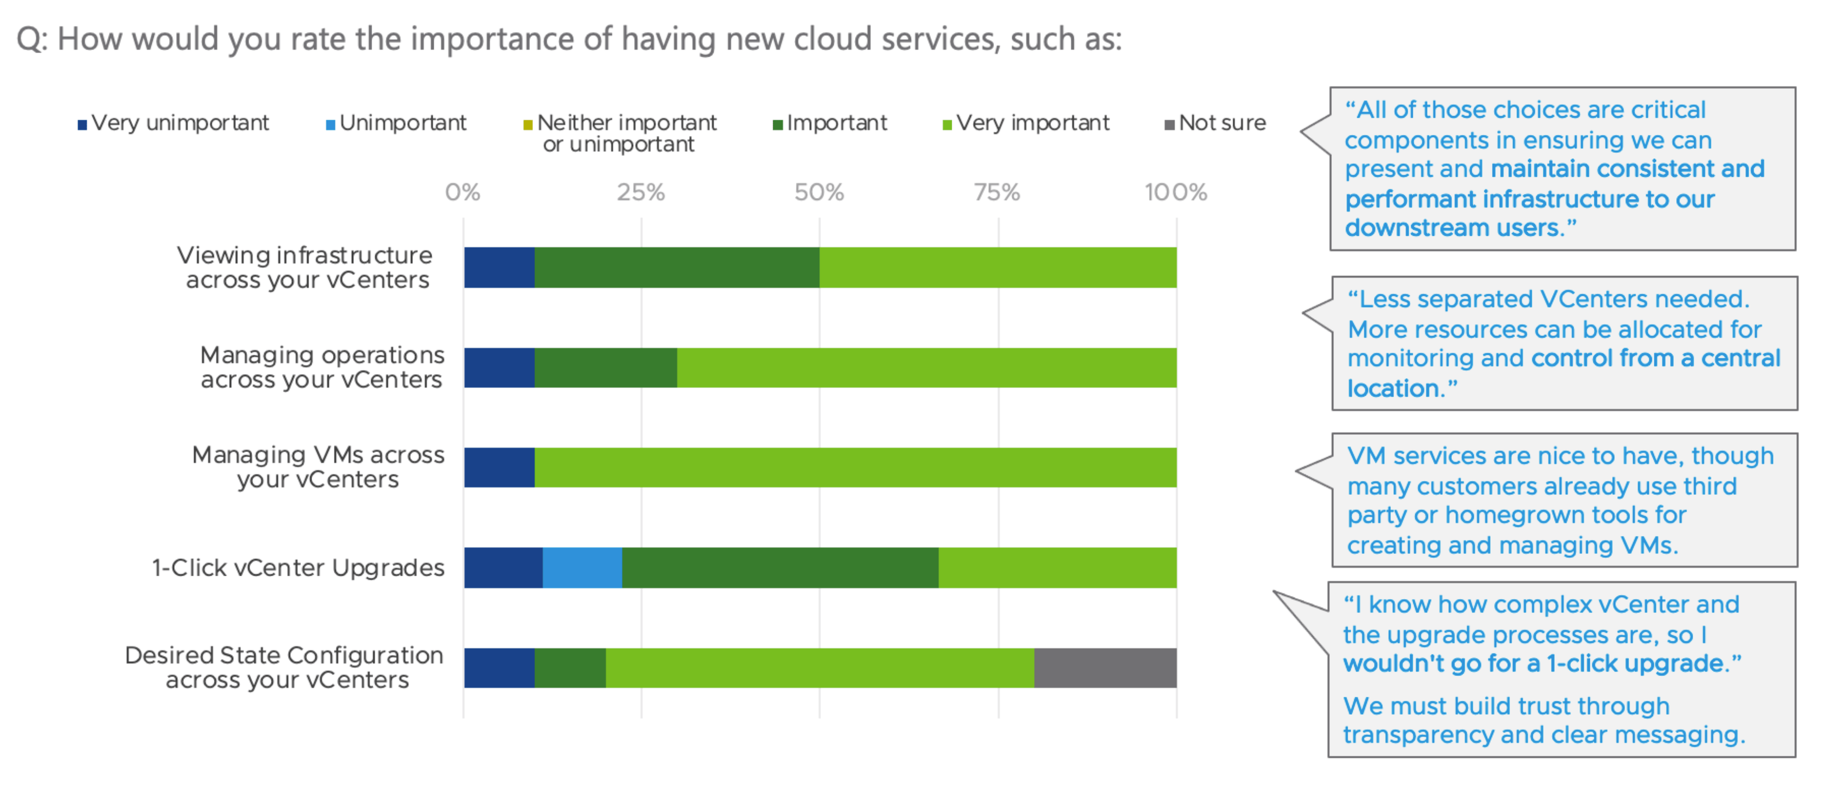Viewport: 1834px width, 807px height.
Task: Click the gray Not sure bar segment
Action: click(1105, 668)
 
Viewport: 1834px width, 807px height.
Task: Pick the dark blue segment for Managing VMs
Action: click(499, 467)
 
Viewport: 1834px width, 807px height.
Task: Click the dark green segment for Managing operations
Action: click(605, 368)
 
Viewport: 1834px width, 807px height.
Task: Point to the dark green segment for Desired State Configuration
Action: click(570, 668)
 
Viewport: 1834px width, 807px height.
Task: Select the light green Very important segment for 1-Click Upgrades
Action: click(1057, 568)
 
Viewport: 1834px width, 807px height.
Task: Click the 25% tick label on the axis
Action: click(641, 192)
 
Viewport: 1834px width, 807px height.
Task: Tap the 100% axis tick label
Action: click(1176, 192)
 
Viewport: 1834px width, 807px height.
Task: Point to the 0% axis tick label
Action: click(463, 192)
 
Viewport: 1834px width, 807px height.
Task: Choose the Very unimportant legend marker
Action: click(82, 125)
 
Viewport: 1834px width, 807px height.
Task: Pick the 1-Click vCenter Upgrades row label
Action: click(298, 568)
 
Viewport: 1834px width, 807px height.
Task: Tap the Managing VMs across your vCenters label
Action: click(318, 467)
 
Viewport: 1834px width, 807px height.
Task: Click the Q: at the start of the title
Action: click(32, 39)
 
